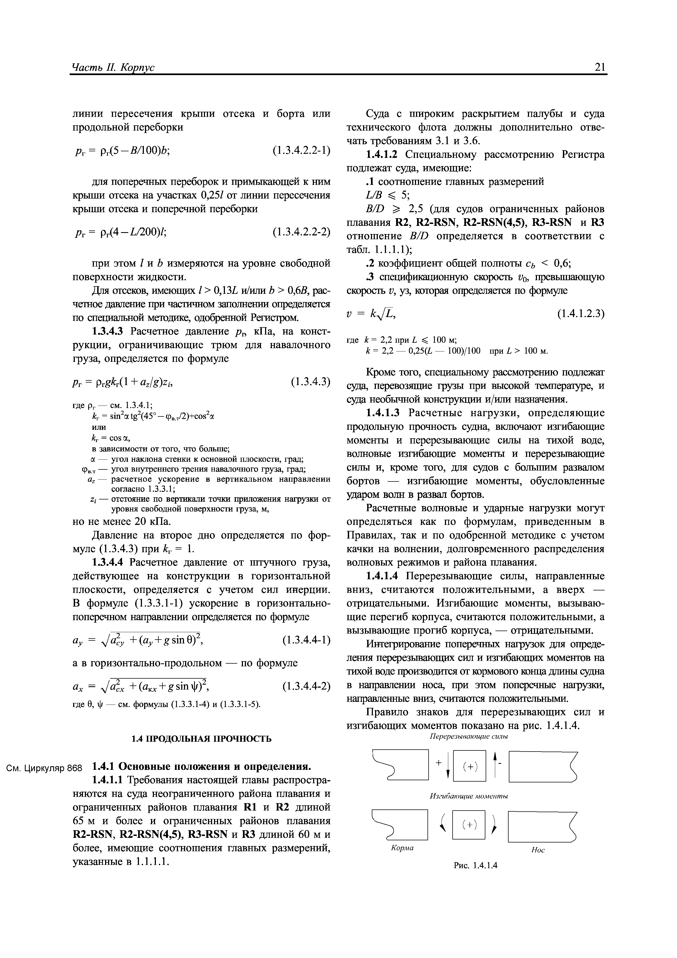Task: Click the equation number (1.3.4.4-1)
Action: click(x=306, y=640)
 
